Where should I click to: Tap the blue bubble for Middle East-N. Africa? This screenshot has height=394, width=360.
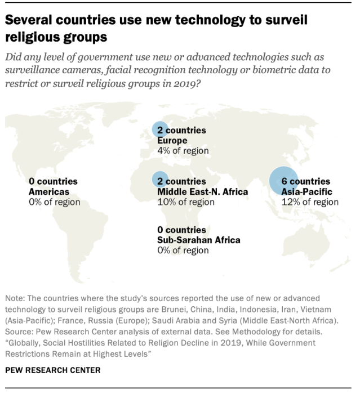(x=160, y=180)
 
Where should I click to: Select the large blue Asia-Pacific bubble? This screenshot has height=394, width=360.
(x=283, y=181)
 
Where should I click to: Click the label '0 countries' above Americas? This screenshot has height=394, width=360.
(x=53, y=182)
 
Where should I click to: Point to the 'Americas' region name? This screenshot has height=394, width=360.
(x=49, y=192)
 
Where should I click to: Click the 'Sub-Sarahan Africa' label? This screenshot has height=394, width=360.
(x=199, y=240)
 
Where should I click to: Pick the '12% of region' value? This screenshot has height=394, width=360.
(x=306, y=202)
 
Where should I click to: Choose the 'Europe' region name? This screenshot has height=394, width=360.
(x=172, y=140)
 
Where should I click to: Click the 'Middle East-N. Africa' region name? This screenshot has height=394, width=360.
(x=203, y=192)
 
